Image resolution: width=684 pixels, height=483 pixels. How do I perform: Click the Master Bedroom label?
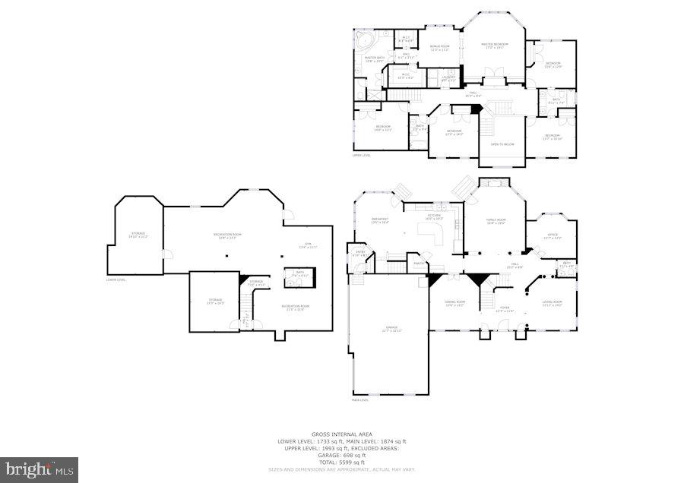[x=494, y=46]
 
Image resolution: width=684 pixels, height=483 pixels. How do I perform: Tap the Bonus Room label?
[x=440, y=48]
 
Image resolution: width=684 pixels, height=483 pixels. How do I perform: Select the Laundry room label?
[x=448, y=77]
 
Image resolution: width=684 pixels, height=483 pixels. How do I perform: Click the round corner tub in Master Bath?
[x=364, y=39]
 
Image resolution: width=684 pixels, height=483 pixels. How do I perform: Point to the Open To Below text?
[x=502, y=144]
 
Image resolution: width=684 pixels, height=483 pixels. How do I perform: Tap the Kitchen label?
[x=434, y=216]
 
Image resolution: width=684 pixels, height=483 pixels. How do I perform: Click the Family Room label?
[x=496, y=221]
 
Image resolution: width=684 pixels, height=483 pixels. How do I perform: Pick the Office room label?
[x=553, y=236]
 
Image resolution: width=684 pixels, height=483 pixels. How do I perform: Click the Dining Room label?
[x=454, y=303]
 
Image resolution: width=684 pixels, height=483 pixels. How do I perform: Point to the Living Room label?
[x=552, y=303]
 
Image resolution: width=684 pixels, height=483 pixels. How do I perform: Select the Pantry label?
[x=418, y=264]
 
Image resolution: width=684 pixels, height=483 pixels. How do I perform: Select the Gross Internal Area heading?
[x=342, y=434]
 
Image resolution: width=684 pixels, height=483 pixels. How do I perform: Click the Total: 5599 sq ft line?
[x=342, y=462]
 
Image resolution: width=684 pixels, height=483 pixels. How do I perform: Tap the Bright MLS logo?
[x=40, y=469]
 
